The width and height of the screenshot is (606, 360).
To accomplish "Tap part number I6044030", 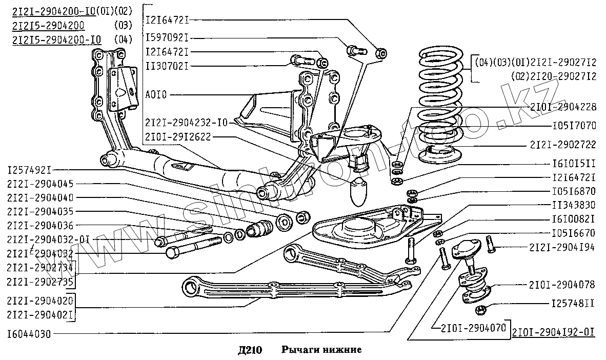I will (x=29, y=333).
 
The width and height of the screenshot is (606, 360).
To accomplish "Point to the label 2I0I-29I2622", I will (x=177, y=136).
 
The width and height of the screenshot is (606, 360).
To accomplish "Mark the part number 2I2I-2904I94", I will (x=561, y=248).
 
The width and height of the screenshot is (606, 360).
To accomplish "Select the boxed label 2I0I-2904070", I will (x=470, y=326).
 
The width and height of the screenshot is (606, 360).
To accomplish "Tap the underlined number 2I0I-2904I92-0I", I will (x=554, y=331).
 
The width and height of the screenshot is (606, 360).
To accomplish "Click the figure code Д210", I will (x=250, y=350).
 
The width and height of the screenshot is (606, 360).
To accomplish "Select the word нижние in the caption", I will (x=344, y=350).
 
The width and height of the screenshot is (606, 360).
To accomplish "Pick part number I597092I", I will (x=168, y=38).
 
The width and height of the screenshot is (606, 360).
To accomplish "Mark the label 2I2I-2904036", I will (x=40, y=225).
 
